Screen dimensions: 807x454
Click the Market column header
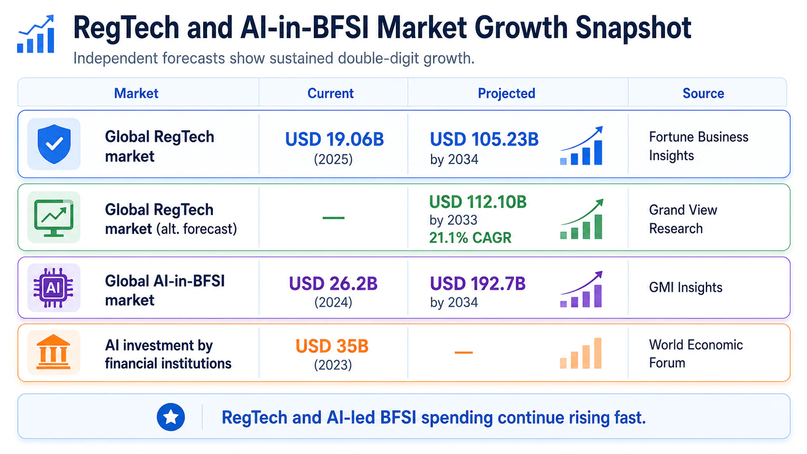[136, 93]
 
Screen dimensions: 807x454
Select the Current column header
[330, 93]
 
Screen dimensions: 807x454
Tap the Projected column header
[506, 93]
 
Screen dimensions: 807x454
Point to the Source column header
[703, 93]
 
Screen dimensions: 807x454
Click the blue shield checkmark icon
[54, 144]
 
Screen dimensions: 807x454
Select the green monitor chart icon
[54, 218]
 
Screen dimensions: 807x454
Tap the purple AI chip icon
[53, 287]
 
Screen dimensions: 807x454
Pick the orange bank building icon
[53, 352]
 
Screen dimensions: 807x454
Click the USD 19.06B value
[334, 139]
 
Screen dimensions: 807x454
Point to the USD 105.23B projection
[484, 139]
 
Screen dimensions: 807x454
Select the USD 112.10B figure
[478, 202]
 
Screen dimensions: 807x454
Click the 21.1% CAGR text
[470, 238]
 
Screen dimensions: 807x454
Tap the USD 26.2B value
[333, 284]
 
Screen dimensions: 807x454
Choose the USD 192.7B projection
[478, 284]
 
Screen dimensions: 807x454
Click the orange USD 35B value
[332, 346]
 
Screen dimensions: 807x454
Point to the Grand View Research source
[683, 219]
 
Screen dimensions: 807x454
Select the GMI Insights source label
[685, 287]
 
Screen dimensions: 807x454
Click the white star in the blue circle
[171, 417]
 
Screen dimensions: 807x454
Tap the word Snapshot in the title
[633, 28]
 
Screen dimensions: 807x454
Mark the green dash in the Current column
[333, 218]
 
